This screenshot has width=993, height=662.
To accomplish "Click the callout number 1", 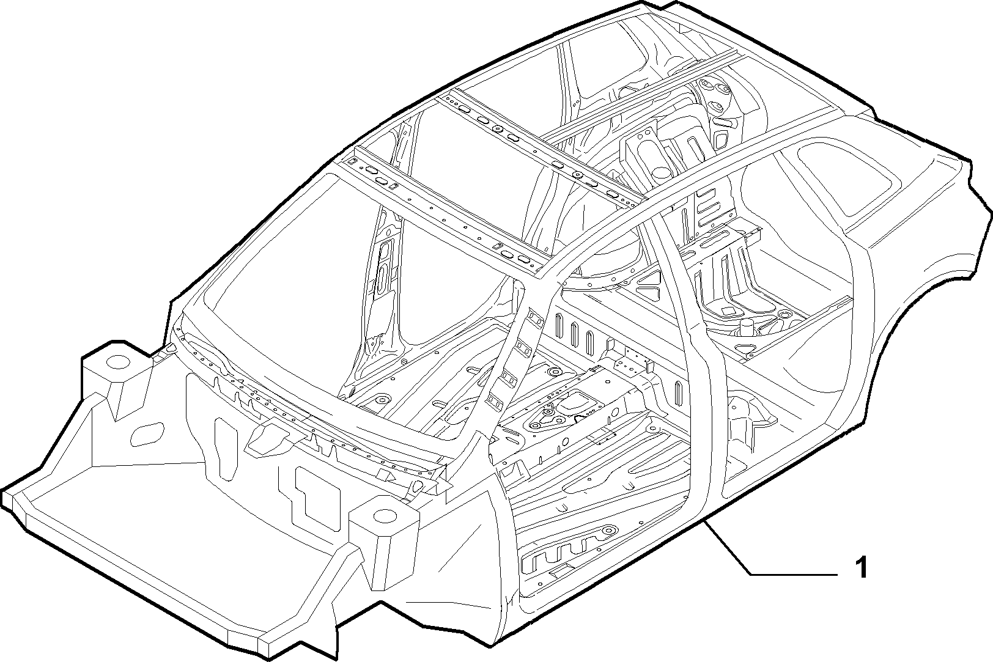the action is [x=860, y=567].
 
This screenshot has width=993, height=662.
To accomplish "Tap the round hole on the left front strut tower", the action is [x=118, y=362].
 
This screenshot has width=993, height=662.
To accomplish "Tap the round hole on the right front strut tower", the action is [x=385, y=517].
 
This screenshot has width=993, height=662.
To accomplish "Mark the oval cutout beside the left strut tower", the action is [x=147, y=434].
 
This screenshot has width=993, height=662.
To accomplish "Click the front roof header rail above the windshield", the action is [x=443, y=213].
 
